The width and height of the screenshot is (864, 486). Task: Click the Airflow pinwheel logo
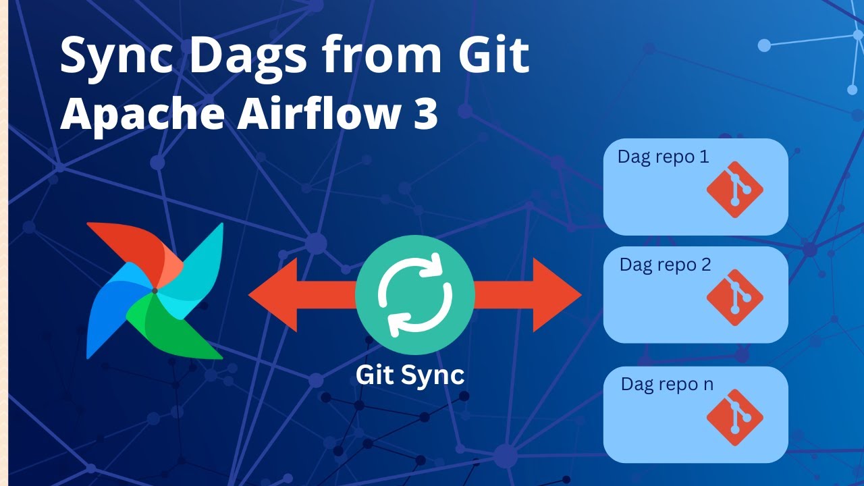(x=155, y=291)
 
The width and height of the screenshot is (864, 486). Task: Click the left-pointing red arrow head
(x=273, y=294)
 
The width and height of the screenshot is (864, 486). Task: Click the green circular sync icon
(x=414, y=294)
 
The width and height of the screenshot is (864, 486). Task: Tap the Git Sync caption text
(x=410, y=375)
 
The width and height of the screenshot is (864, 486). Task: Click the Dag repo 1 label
(x=663, y=157)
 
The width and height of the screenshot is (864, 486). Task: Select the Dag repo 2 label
(x=665, y=265)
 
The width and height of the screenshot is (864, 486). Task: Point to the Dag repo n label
(x=666, y=384)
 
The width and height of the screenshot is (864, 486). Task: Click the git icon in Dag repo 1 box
(x=734, y=190)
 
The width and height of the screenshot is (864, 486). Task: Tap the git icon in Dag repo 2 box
(x=734, y=297)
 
